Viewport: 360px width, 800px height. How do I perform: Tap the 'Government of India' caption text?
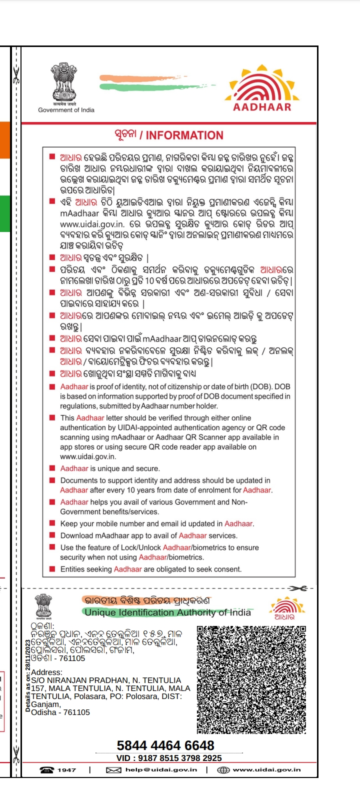(66, 110)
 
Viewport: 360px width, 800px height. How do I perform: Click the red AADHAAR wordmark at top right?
(262, 107)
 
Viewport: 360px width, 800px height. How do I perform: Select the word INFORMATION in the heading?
(184, 135)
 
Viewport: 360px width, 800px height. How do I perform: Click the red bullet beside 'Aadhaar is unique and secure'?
(52, 468)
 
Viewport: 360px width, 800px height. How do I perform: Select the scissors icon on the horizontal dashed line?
(298, 588)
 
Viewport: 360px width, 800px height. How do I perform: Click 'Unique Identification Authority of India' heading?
(167, 612)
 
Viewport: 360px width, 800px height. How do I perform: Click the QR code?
(251, 679)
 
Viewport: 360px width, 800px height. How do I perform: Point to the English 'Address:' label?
(46, 672)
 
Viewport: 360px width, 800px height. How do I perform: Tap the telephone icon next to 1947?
(46, 770)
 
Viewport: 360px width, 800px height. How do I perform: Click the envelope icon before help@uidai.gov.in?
(113, 770)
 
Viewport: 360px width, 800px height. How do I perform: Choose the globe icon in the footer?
(223, 770)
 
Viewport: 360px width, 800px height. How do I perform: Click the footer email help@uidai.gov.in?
(161, 770)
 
